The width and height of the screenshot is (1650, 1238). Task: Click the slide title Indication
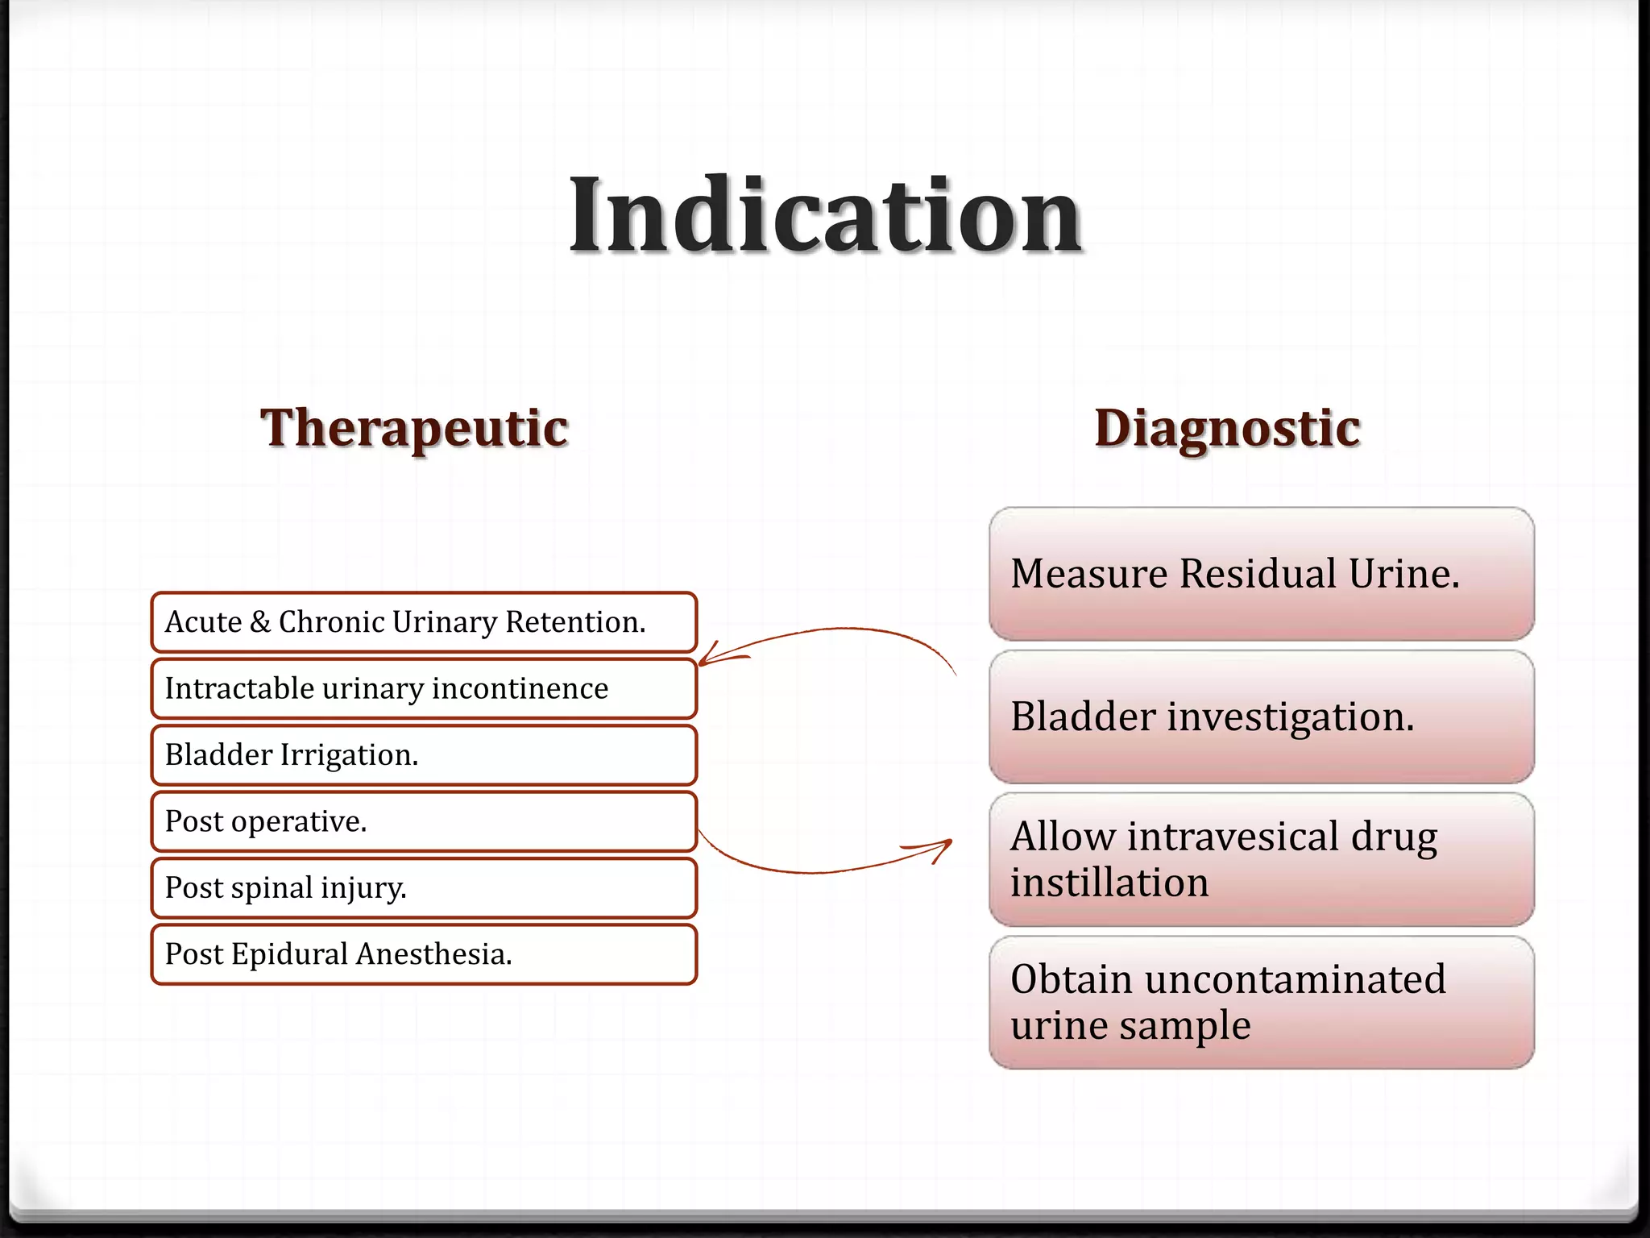825,216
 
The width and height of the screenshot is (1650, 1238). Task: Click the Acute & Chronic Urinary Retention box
424,622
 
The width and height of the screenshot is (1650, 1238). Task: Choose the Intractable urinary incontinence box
424,688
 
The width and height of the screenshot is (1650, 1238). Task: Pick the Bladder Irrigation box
424,755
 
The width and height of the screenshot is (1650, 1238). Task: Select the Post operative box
424,821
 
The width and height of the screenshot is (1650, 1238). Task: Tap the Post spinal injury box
424,887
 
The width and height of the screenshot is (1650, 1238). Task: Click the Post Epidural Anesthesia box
424,954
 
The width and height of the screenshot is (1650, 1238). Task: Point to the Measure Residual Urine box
1262,574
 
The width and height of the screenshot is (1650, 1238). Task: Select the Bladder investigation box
1262,717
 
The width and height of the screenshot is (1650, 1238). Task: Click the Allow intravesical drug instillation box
1262,859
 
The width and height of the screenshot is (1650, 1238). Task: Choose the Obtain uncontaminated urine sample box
1262,1002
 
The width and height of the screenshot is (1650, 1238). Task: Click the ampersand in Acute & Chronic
260,622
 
